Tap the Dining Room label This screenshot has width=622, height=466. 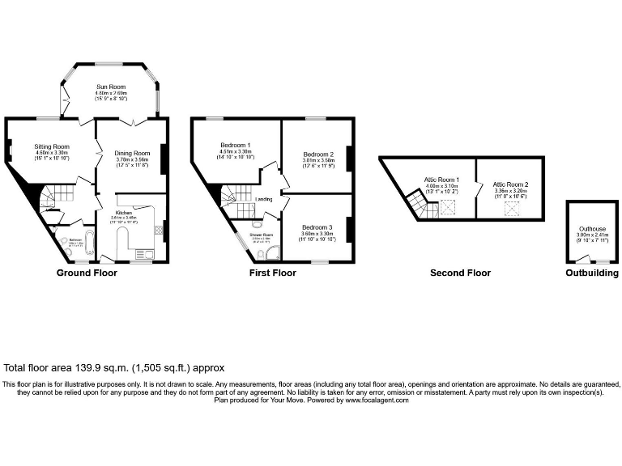coord(131,153)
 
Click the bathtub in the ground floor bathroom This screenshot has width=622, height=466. coord(65,242)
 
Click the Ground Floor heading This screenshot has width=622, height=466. coord(86,273)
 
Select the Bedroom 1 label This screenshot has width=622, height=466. coord(235,146)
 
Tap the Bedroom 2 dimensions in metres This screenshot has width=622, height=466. coord(318,160)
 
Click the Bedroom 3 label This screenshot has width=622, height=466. coord(317,227)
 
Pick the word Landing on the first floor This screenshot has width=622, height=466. coord(263,199)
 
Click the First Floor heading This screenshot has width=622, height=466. coord(272,273)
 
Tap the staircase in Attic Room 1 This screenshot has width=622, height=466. coord(419,204)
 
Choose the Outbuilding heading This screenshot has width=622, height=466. coord(591,273)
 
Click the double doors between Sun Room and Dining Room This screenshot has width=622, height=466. coord(134,120)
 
